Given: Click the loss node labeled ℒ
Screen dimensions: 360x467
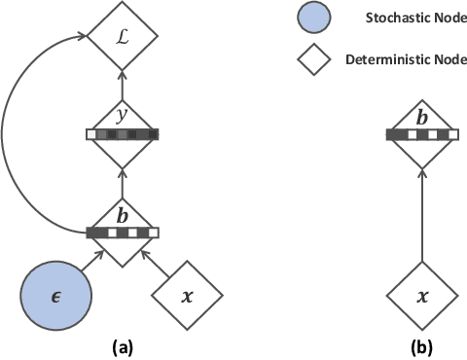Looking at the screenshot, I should [x=122, y=40].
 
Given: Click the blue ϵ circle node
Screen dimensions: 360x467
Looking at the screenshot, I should [x=56, y=291].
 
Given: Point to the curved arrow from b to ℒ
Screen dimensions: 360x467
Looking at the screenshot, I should [x=19, y=136].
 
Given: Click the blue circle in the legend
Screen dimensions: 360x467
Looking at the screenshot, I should [x=315, y=17].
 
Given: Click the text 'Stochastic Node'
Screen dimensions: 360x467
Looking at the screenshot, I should [x=398, y=17].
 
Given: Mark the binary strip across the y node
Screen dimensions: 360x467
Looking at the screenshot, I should [x=122, y=134].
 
